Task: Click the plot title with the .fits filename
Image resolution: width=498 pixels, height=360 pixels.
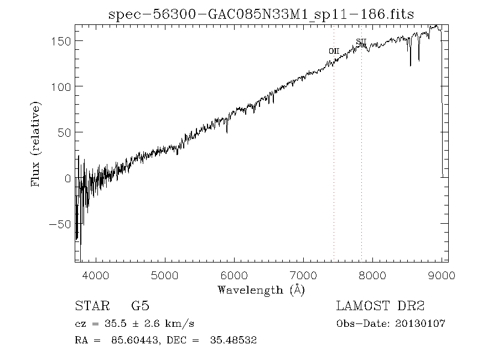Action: [261, 14]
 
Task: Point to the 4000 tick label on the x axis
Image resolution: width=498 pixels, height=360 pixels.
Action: [96, 275]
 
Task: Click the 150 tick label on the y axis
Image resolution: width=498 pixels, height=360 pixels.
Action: [61, 41]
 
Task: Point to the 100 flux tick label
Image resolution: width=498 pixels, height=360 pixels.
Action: [61, 87]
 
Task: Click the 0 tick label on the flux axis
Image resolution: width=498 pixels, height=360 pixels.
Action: [68, 178]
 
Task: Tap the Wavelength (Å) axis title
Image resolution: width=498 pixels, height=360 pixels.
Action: [261, 290]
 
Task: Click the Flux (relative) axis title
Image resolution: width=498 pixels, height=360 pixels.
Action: [37, 144]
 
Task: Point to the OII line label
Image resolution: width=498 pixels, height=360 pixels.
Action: [334, 51]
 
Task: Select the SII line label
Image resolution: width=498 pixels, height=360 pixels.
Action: [361, 42]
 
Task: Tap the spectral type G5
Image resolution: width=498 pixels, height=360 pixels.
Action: [140, 306]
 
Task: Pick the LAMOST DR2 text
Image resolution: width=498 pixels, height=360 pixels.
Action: [380, 306]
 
